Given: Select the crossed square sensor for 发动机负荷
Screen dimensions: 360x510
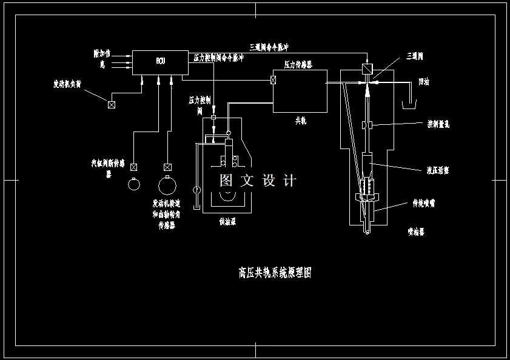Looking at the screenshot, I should pyautogui.click(x=112, y=104).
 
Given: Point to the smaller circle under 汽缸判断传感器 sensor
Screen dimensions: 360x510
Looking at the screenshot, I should pyautogui.click(x=134, y=184).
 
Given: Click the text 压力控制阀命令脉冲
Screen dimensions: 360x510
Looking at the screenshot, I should pyautogui.click(x=218, y=58).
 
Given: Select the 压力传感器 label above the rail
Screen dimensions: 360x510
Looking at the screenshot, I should pyautogui.click(x=298, y=64).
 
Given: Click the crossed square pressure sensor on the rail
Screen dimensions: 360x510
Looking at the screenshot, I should pyautogui.click(x=274, y=80).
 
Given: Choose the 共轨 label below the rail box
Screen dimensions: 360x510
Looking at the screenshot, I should pyautogui.click(x=301, y=121).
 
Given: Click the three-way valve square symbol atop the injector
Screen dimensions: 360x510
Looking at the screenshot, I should pyautogui.click(x=366, y=68).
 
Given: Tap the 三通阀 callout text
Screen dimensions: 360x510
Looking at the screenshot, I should pyautogui.click(x=415, y=56).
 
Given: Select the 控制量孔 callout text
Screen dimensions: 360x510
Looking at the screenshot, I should pyautogui.click(x=438, y=124).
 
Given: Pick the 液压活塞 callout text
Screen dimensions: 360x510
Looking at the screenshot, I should pyautogui.click(x=438, y=171).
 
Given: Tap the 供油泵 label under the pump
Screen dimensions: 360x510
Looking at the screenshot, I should pyautogui.click(x=227, y=222).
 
